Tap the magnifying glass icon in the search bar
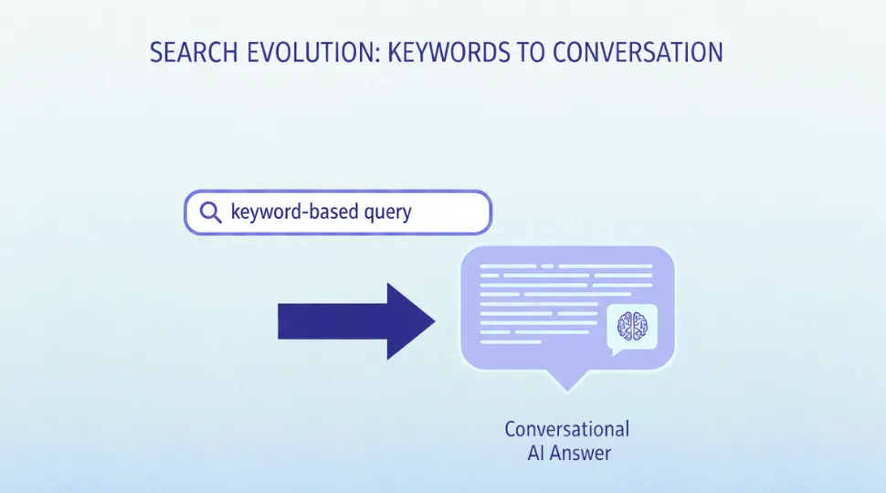tap(210, 213)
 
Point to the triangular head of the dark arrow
tap(411, 320)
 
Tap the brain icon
tap(632, 325)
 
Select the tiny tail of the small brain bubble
tap(617, 351)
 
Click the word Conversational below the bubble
tap(567, 429)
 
